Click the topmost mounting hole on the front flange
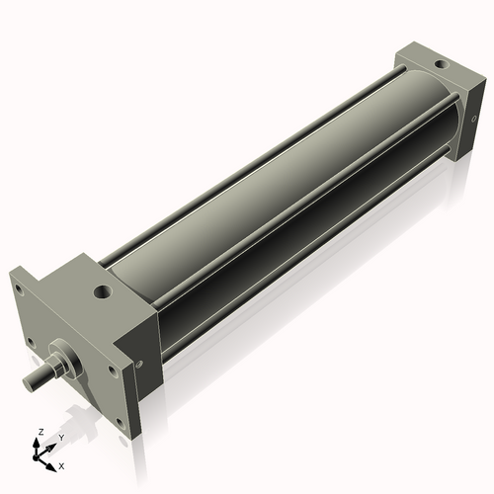point(19,289)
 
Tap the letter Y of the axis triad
point(61,437)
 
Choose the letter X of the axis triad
point(61,464)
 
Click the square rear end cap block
point(435,99)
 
